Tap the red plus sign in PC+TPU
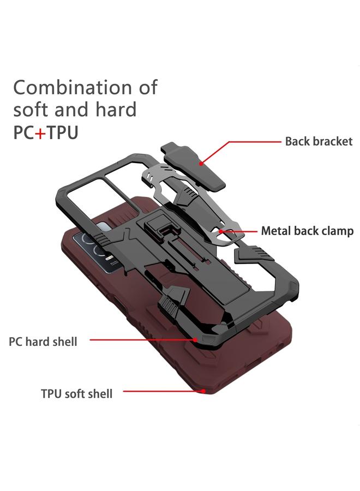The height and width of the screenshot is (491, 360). coord(40,133)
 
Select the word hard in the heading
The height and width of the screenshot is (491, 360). coord(115,110)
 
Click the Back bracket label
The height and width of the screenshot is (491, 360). coord(319,141)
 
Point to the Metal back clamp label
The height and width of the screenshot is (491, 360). coord(307,231)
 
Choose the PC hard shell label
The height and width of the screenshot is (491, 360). coord(43,342)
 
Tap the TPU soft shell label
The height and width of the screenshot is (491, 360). coord(76,393)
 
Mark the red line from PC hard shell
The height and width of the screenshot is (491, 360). coord(142,340)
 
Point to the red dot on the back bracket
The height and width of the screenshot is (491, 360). coord(201,162)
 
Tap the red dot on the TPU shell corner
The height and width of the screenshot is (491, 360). coord(203,391)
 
